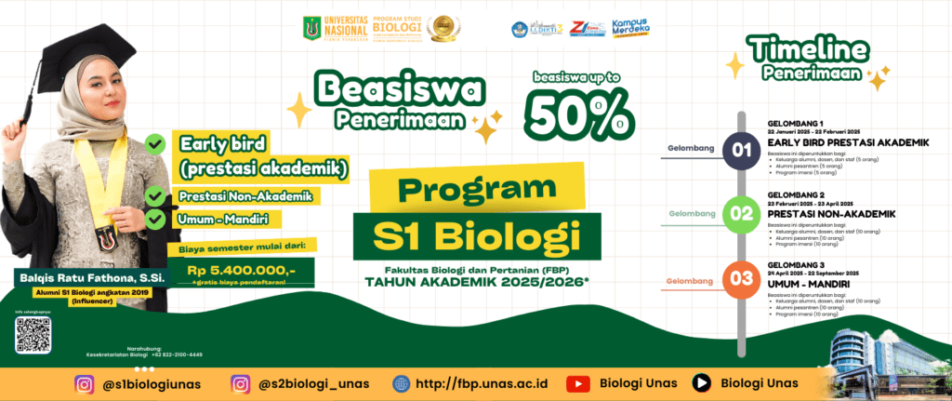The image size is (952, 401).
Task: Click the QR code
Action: (33, 333)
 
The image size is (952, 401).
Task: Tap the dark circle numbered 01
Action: (741, 149)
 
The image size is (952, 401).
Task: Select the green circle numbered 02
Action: (741, 213)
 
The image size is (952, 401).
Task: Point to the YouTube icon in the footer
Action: (578, 383)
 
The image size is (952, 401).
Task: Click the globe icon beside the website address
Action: (402, 383)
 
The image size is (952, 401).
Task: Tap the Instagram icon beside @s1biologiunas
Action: (86, 383)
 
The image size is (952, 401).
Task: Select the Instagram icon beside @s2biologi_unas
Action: (241, 383)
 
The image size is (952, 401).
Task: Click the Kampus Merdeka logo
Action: (632, 28)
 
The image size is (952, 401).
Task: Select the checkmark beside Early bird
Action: (156, 144)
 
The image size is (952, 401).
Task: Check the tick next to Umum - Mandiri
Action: (156, 221)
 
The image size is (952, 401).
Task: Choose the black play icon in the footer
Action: (703, 383)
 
